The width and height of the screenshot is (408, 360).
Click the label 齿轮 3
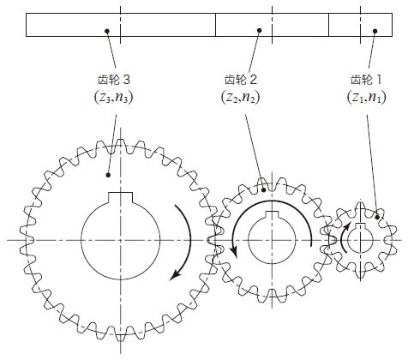(x=114, y=80)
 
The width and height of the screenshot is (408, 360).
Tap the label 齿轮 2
(x=241, y=80)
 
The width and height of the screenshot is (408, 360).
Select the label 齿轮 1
(x=366, y=80)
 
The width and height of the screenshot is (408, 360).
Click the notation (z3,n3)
(x=114, y=98)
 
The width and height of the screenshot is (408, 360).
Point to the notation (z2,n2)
(x=241, y=98)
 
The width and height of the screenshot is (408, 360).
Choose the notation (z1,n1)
(x=367, y=98)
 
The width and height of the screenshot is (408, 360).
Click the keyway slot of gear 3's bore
(x=121, y=197)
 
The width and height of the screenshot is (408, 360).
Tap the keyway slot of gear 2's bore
(x=272, y=214)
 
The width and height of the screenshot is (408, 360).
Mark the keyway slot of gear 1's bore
(x=360, y=226)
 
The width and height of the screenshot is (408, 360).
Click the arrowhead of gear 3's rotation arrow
(x=175, y=275)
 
